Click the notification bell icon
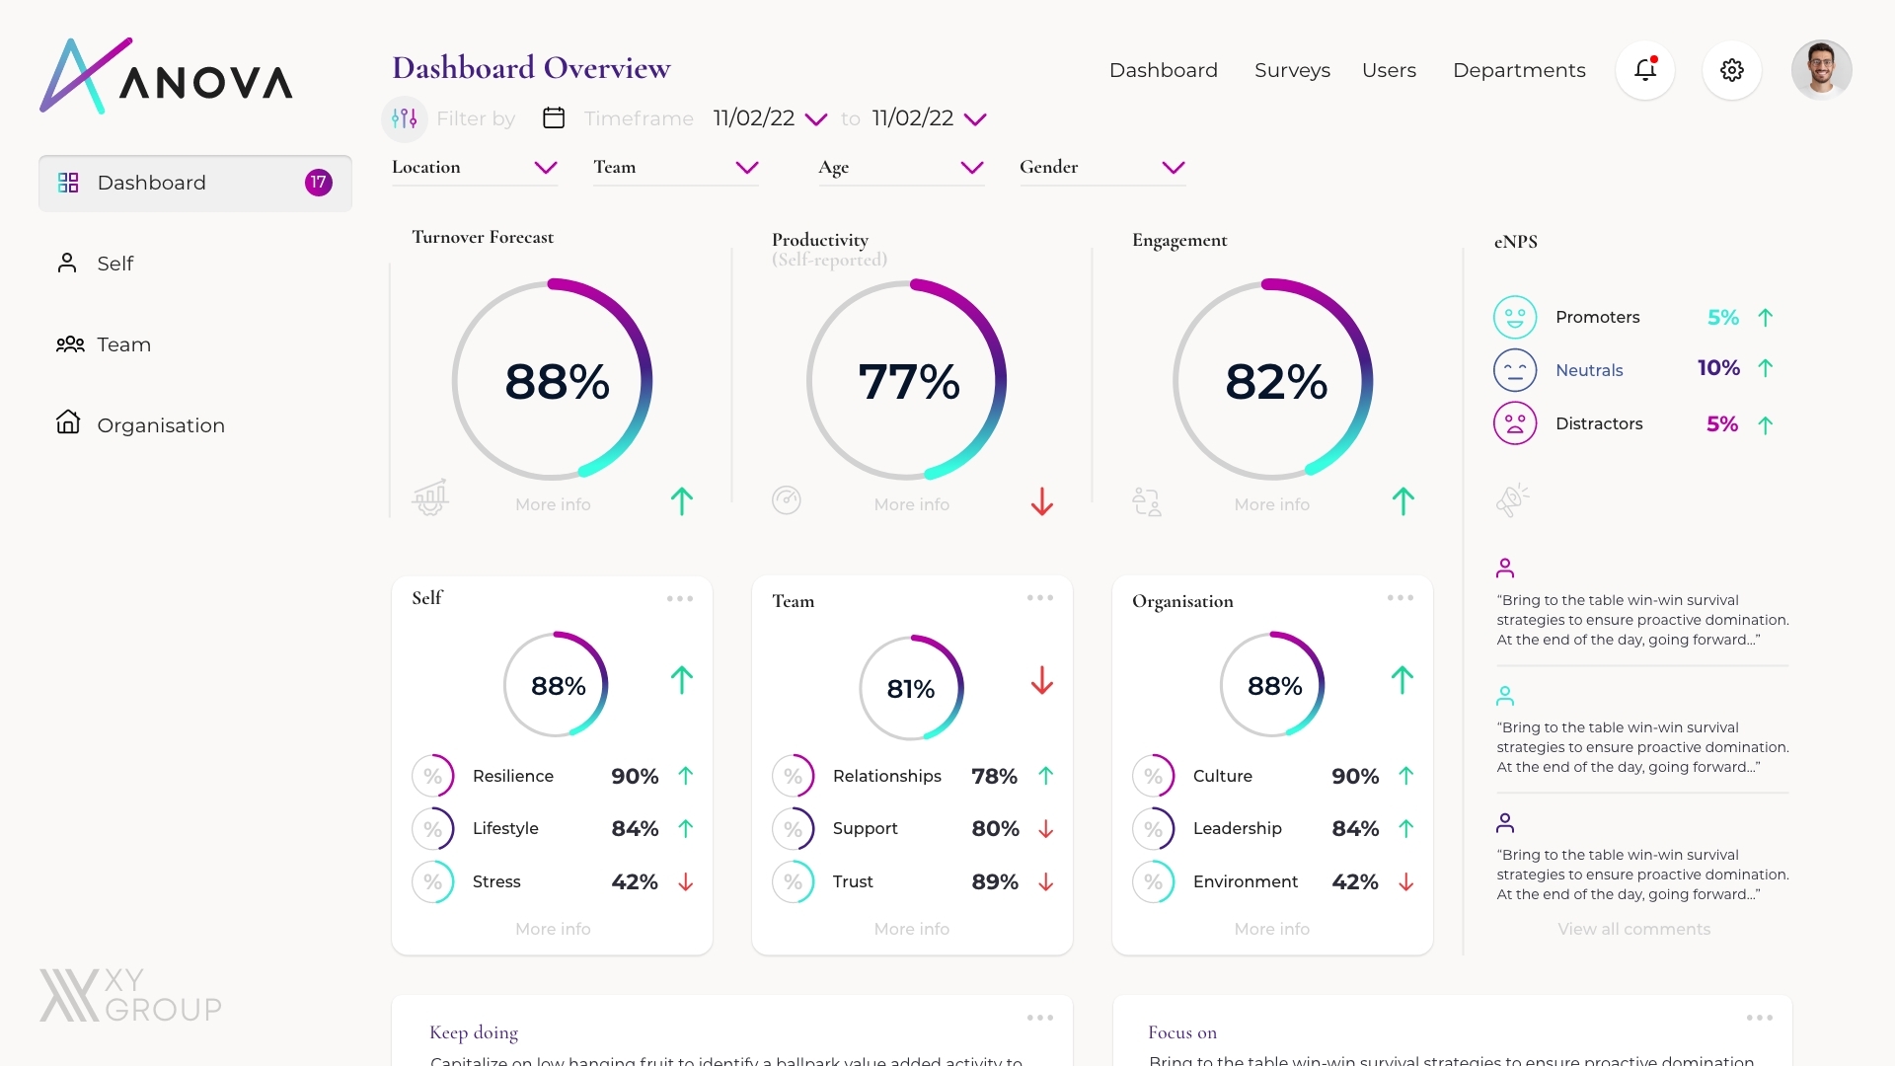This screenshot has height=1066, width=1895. pyautogui.click(x=1644, y=70)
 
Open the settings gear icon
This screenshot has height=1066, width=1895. pyautogui.click(x=1731, y=70)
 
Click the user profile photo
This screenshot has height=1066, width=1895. pyautogui.click(x=1821, y=70)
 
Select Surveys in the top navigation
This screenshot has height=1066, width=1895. pyautogui.click(x=1292, y=70)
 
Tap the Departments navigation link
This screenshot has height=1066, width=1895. pyautogui.click(x=1519, y=70)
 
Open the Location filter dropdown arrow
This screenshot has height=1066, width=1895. pyautogui.click(x=546, y=168)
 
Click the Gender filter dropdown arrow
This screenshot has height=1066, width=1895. pyautogui.click(x=1173, y=168)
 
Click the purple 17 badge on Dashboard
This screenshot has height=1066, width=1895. pyautogui.click(x=318, y=183)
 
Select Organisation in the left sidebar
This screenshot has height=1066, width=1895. pyautogui.click(x=160, y=425)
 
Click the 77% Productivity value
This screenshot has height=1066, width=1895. pyautogui.click(x=908, y=382)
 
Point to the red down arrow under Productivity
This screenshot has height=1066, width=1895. pyautogui.click(x=1041, y=501)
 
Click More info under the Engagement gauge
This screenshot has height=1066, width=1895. pyautogui.click(x=1271, y=504)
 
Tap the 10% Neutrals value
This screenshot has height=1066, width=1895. pyautogui.click(x=1718, y=368)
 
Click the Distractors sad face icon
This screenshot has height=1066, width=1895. pyautogui.click(x=1514, y=423)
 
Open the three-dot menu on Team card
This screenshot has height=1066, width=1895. pyautogui.click(x=1039, y=598)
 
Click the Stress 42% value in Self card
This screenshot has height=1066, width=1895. pyautogui.click(x=634, y=881)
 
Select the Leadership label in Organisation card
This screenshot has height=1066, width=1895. pyautogui.click(x=1237, y=828)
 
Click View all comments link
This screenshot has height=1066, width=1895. pyautogui.click(x=1633, y=929)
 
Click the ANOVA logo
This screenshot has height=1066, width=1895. pyautogui.click(x=166, y=77)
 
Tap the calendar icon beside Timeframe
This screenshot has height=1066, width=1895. pyautogui.click(x=554, y=118)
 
